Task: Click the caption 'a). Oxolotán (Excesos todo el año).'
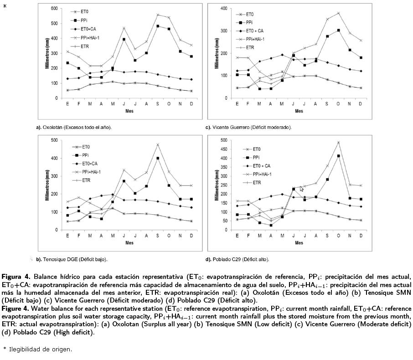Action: pyautogui.click(x=73, y=128)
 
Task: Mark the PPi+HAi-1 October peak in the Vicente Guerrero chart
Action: pyautogui.click(x=338, y=13)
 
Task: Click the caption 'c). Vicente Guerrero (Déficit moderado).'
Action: pyautogui.click(x=248, y=128)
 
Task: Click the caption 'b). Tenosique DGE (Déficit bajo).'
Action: pyautogui.click(x=72, y=259)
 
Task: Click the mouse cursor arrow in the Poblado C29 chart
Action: pyautogui.click(x=301, y=188)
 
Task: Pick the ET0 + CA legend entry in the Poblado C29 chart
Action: pyautogui.click(x=261, y=166)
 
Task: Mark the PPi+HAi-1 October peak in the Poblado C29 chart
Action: pyautogui.click(x=338, y=142)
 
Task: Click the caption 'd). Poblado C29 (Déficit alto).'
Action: pyautogui.click(x=237, y=259)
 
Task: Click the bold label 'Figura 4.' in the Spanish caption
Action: pyautogui.click(x=16, y=277)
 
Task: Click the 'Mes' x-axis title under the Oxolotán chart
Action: pyautogui.click(x=129, y=111)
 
